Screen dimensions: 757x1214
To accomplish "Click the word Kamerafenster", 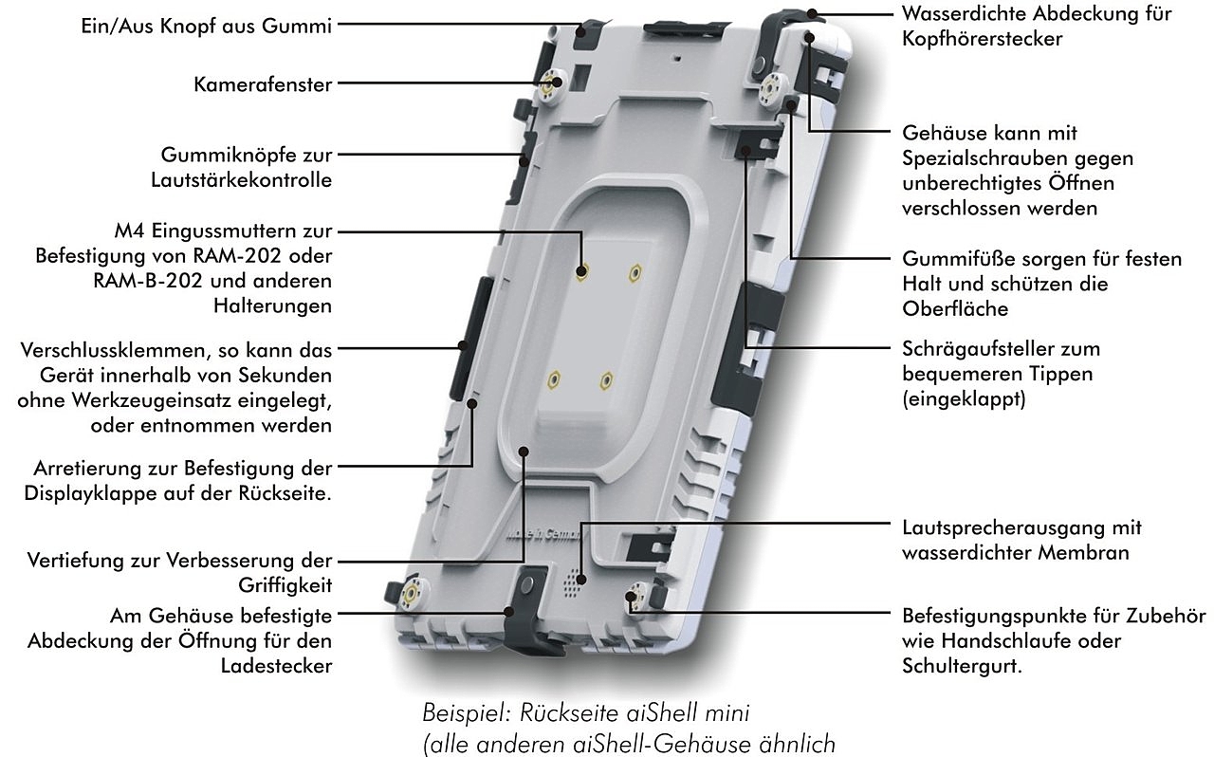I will [x=263, y=84].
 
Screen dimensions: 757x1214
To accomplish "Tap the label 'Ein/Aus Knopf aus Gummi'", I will [x=206, y=27].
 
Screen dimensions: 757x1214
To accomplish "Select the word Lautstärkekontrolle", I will [x=242, y=179].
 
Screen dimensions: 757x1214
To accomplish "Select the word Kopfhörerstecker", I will [x=982, y=39].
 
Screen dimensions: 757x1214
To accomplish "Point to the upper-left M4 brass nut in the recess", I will [x=581, y=271].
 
